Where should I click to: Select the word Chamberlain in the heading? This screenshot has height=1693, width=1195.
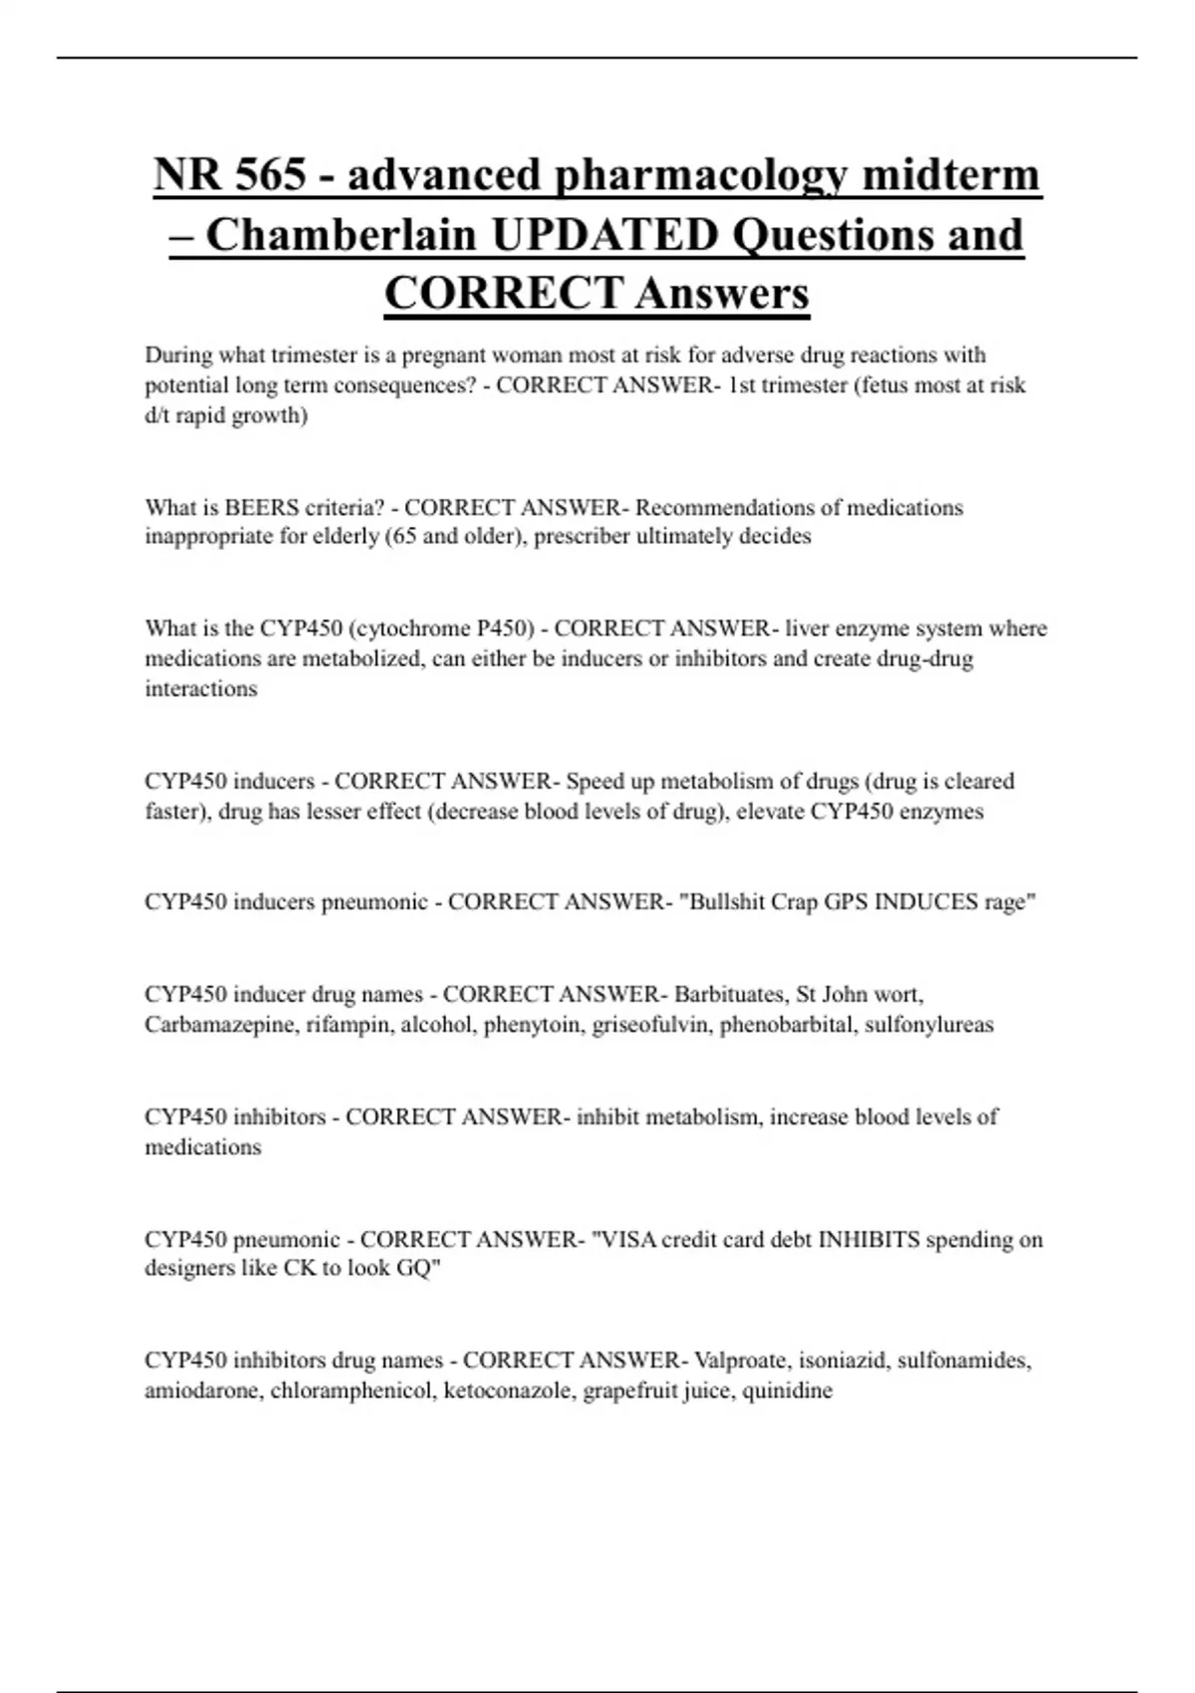click(x=341, y=235)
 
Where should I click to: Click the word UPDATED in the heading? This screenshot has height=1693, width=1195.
click(x=604, y=235)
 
